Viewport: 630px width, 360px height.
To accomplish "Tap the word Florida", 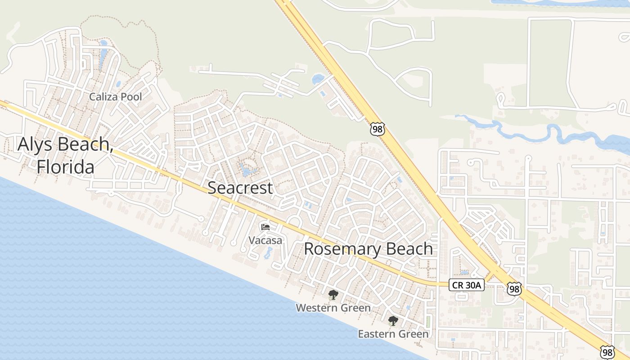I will (x=66, y=167).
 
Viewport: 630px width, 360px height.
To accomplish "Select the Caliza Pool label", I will (x=115, y=97).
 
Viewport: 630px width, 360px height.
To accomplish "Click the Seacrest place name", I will (x=240, y=188).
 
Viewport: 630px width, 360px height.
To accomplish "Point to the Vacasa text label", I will (x=265, y=240).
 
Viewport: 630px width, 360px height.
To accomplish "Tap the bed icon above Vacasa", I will (x=265, y=227).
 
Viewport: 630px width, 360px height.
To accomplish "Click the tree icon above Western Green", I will (x=333, y=295).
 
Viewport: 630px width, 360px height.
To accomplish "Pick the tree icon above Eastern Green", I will (x=393, y=321).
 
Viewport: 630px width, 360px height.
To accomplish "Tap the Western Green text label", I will (x=333, y=308).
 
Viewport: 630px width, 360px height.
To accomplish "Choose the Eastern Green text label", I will (x=393, y=334).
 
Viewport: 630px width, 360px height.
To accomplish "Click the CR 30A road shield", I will (x=466, y=284).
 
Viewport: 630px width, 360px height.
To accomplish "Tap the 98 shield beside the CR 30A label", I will (x=513, y=288).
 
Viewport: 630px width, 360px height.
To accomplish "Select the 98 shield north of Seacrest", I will (x=377, y=129).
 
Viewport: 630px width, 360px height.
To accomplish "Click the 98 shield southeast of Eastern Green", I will (x=607, y=351).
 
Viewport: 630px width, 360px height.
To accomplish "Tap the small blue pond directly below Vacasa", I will (x=268, y=253).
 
